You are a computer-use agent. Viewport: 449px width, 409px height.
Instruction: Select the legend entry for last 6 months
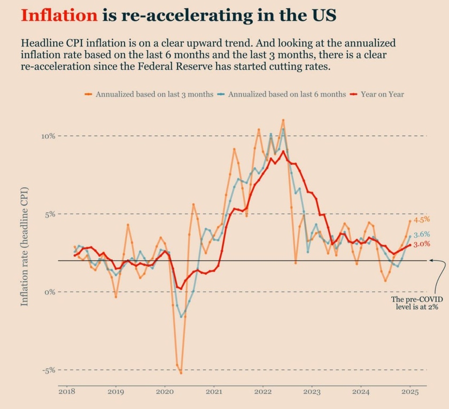coord(287,94)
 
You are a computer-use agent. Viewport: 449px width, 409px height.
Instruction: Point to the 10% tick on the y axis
coord(48,136)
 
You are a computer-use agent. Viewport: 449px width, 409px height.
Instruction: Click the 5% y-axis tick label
coord(50,214)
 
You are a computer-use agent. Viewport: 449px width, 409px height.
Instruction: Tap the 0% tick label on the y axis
coord(50,292)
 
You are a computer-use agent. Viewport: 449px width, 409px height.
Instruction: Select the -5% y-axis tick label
coord(49,370)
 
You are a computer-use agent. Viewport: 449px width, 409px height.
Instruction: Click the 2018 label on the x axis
coord(66,392)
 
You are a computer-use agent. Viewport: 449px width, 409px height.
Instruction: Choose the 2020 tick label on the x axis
coord(165,392)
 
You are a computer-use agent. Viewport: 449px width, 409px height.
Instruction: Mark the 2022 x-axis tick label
coord(262,392)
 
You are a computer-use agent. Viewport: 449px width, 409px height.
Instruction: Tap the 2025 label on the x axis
coord(410,392)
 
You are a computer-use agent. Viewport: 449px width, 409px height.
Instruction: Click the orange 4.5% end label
coord(422,220)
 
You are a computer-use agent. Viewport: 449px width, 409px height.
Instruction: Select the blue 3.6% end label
coord(422,234)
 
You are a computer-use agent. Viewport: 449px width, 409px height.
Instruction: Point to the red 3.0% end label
coord(422,244)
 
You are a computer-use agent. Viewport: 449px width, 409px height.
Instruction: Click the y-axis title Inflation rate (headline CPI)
coord(25,246)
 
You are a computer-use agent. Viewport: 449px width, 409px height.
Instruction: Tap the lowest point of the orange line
coord(181,373)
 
